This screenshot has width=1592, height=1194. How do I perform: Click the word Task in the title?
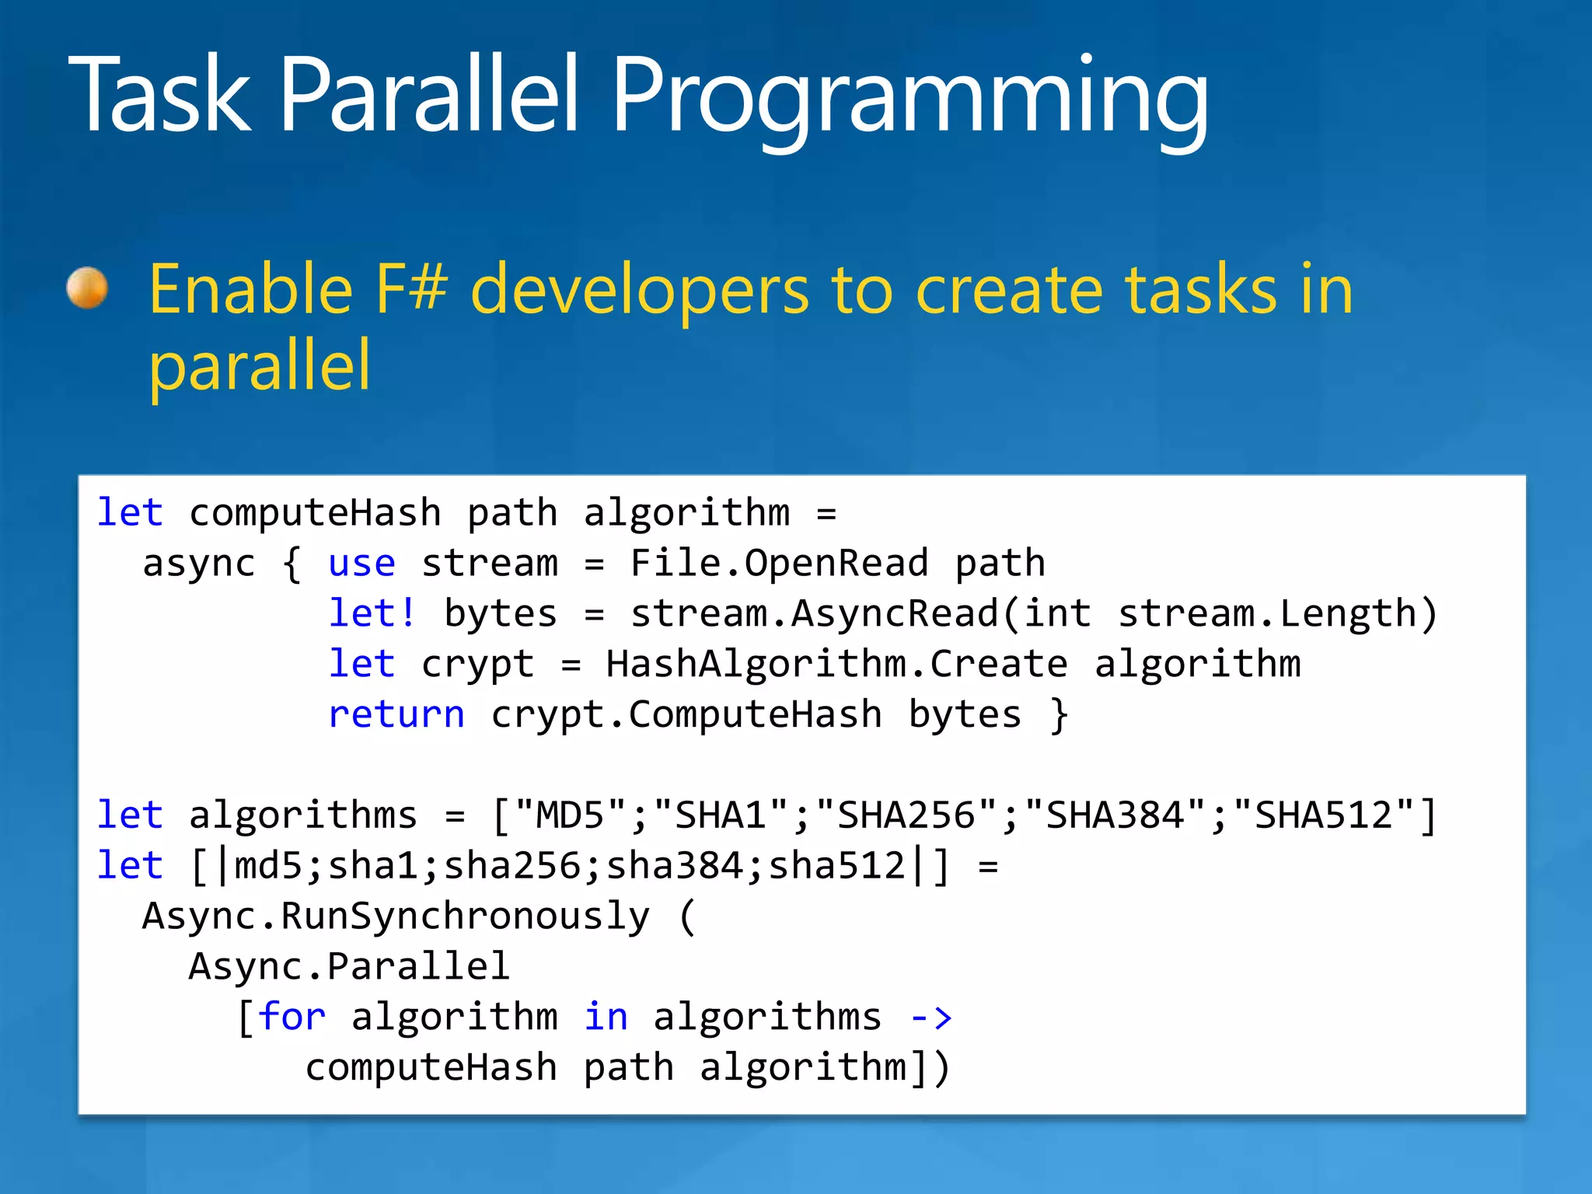(159, 95)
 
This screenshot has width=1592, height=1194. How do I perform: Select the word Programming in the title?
(909, 97)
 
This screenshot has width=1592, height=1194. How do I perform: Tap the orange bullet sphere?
(87, 288)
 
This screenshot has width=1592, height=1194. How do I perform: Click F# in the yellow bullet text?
(411, 289)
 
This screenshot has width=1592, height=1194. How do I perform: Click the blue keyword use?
(361, 563)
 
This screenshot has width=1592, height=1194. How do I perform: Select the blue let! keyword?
(372, 613)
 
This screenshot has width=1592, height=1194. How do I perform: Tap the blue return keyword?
(396, 714)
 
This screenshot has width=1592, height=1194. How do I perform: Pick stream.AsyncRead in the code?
(813, 613)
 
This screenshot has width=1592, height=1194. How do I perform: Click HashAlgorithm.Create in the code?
(836, 664)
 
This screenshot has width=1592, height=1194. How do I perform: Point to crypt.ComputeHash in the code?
(686, 714)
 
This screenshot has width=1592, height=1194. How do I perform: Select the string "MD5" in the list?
(570, 815)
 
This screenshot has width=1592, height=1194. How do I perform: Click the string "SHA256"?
(906, 815)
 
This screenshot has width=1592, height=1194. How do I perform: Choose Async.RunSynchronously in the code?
(396, 916)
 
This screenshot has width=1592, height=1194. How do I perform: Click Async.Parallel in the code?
(349, 966)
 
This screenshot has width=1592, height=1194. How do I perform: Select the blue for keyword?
(292, 1017)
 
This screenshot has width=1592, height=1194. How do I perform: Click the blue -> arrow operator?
(930, 1017)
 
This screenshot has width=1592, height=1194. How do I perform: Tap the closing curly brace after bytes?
(1059, 714)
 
